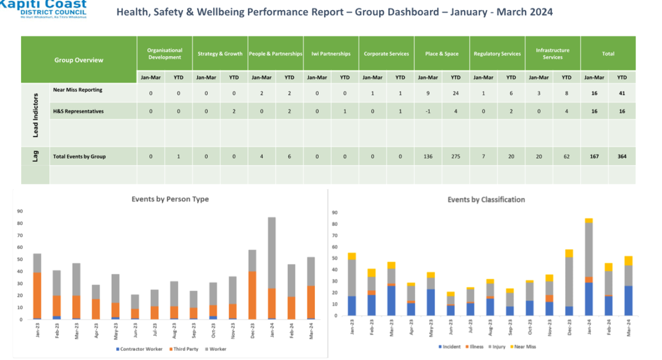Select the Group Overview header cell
(79, 60)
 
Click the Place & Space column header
(441, 54)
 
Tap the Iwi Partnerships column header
(331, 54)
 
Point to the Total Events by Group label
(79, 157)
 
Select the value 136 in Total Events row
(428, 157)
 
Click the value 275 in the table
(455, 157)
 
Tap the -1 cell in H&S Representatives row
(428, 111)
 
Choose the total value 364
(622, 157)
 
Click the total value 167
(594, 157)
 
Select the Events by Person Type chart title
(170, 199)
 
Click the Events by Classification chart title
(486, 200)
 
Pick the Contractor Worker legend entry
(139, 349)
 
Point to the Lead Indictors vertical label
(35, 115)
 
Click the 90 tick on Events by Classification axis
(335, 212)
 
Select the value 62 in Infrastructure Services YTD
(566, 157)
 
